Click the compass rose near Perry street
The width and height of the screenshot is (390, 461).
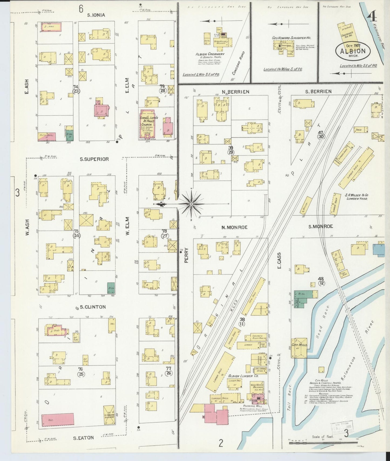[191, 204]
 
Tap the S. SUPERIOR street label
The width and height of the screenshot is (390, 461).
[94, 159]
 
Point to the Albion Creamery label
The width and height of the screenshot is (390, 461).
[210, 54]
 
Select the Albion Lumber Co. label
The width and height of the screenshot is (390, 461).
[243, 376]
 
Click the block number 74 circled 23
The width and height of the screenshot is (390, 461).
[76, 89]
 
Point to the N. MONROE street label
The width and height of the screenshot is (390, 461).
[234, 227]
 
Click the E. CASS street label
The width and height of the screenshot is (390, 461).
[279, 261]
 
